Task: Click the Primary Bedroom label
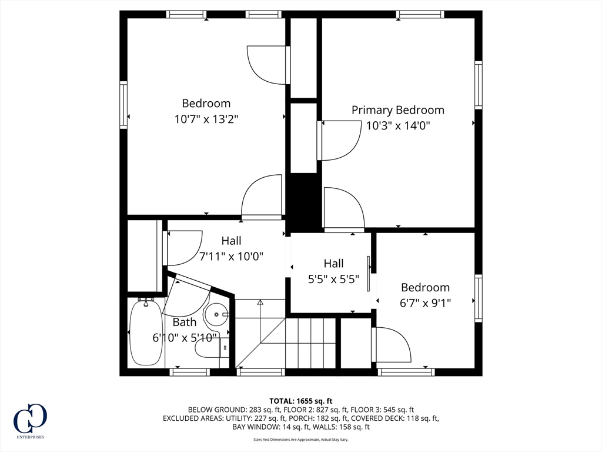(x=398, y=110)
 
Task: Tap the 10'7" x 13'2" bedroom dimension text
(x=206, y=119)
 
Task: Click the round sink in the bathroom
(x=216, y=314)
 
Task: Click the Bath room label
(x=184, y=322)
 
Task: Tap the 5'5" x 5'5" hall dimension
(x=334, y=279)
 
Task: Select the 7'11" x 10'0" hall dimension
(x=232, y=256)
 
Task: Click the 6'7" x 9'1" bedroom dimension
(x=426, y=303)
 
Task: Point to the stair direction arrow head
(x=260, y=302)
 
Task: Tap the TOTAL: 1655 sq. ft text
(x=300, y=401)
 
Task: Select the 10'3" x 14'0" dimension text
(x=398, y=126)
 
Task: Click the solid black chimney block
(x=306, y=201)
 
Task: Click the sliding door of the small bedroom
(x=369, y=274)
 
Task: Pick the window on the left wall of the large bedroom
(x=123, y=105)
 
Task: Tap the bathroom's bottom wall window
(x=190, y=372)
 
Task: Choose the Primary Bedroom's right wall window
(x=479, y=85)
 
